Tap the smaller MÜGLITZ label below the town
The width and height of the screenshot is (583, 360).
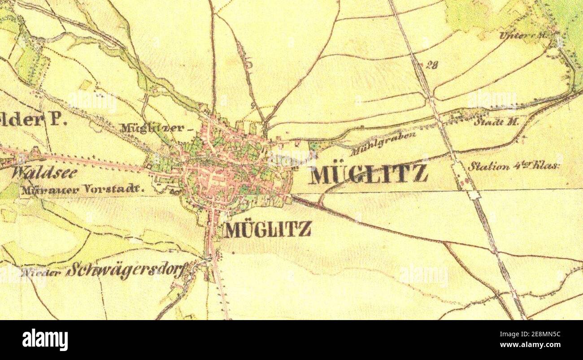coord(268,230)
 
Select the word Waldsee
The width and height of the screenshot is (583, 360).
coord(45,173)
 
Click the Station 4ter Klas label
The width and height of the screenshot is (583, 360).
coord(514,166)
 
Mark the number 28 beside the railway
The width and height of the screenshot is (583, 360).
coord(431,65)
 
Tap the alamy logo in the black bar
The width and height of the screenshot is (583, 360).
coord(45,339)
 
